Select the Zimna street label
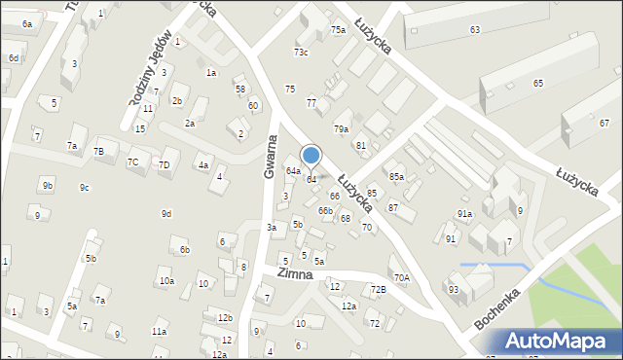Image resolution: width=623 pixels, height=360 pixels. point(293,274)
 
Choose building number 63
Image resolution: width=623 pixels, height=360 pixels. point(474,30)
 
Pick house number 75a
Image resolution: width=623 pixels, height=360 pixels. point(337,30)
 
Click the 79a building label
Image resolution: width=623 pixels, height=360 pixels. point(341,128)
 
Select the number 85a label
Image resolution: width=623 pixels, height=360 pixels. point(396,177)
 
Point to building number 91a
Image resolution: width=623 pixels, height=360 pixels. point(464,213)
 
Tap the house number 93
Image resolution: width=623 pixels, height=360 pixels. point(454,289)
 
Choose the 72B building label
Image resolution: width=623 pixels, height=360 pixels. point(378,289)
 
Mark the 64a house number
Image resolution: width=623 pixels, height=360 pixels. point(292,171)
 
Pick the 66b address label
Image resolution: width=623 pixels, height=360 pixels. point(325,210)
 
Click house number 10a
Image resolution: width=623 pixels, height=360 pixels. point(166,280)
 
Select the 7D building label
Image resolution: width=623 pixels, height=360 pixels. point(165,164)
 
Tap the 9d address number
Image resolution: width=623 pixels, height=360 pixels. point(166,213)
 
